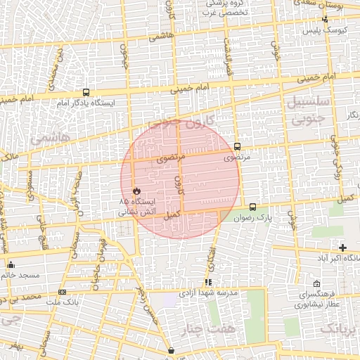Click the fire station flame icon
click(x=136, y=191)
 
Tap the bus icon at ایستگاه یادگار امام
click(x=86, y=92)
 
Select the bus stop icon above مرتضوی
click(x=237, y=147)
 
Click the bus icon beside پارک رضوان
click(x=253, y=207)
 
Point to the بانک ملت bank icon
click(x=63, y=292)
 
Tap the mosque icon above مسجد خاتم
click(x=11, y=265)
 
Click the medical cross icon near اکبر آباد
click(x=342, y=247)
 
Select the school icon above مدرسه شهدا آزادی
click(x=207, y=281)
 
